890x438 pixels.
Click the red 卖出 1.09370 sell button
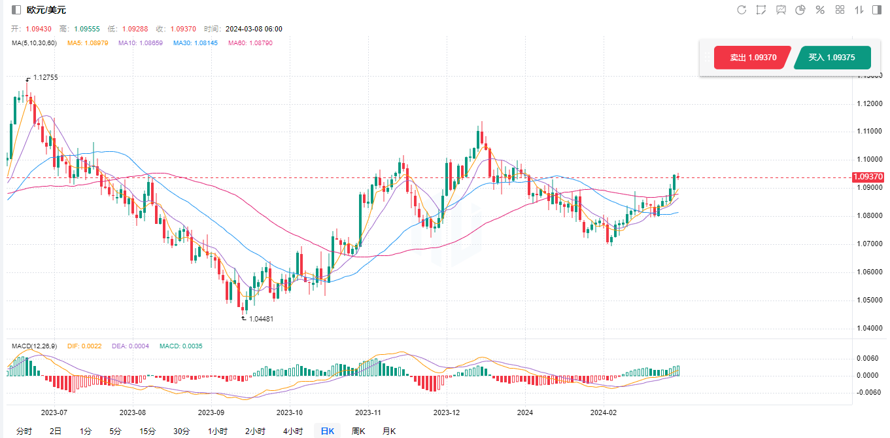point(753,58)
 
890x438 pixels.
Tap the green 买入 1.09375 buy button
point(832,58)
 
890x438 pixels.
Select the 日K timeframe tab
point(327,431)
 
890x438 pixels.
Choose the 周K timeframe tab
point(358,431)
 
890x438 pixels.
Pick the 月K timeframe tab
point(389,431)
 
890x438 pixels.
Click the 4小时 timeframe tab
point(293,431)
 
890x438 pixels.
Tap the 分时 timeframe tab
point(24,431)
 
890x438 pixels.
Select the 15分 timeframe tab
point(148,431)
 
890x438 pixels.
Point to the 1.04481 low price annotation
point(261,319)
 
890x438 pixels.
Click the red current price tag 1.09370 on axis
point(868,177)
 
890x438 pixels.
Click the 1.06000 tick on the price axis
point(869,272)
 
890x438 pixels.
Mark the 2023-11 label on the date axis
point(368,412)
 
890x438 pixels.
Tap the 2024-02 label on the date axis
point(604,412)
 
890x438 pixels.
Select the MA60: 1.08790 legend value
point(250,43)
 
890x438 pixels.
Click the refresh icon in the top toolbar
point(742,10)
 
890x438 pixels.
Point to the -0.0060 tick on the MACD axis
point(868,392)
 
